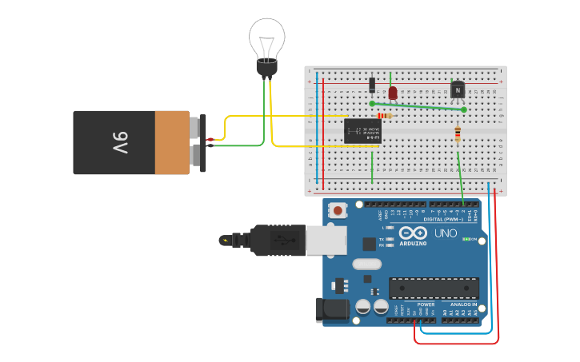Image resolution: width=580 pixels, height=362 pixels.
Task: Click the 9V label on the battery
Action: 119,143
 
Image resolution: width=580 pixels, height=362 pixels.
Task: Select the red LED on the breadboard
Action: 392,92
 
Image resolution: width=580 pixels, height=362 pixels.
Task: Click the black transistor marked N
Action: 458,90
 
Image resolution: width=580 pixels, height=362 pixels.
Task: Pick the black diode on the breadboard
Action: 372,85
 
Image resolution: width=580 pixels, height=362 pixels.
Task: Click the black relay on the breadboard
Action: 362,131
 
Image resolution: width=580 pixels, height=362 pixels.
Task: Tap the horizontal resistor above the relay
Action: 385,116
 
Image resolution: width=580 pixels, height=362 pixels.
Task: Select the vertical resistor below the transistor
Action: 458,134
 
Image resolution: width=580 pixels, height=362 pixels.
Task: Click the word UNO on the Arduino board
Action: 445,233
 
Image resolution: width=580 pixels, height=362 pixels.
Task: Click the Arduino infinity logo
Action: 413,233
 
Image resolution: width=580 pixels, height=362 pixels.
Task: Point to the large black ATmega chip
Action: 434,288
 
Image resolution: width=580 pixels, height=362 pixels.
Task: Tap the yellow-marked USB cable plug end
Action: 226,240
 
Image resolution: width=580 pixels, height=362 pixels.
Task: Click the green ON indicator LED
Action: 466,239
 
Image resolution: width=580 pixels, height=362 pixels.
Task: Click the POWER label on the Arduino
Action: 426,304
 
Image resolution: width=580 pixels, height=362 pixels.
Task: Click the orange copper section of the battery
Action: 172,143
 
